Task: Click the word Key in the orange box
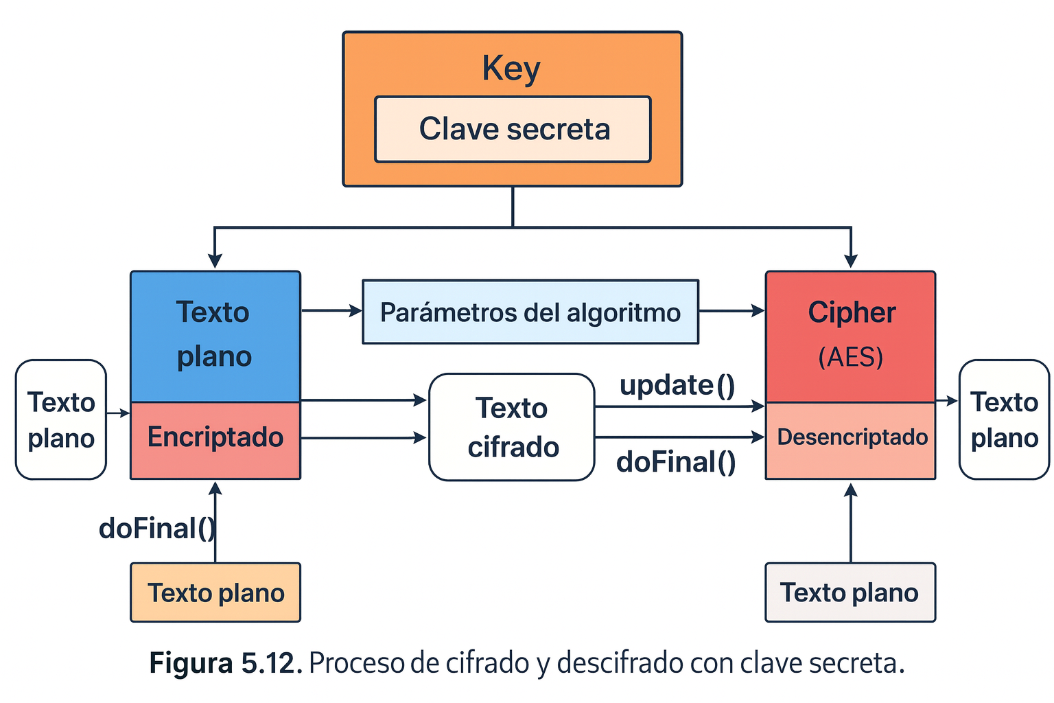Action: tap(511, 69)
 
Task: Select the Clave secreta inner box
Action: tap(513, 129)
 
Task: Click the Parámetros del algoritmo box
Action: tap(530, 312)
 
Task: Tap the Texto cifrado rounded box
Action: tap(512, 427)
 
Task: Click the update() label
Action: tap(677, 385)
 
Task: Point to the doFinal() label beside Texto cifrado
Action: tap(676, 462)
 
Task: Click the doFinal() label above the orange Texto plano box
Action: tap(156, 529)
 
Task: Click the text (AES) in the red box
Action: tap(851, 357)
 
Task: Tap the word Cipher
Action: tap(852, 313)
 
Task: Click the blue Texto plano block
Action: tap(215, 335)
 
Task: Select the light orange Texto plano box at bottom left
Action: tap(215, 592)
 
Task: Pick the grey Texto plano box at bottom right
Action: tap(850, 592)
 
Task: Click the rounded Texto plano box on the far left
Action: tap(61, 419)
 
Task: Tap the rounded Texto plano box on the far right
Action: tap(1004, 419)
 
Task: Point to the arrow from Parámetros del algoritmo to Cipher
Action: tap(731, 311)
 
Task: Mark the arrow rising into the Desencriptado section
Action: tap(851, 522)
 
